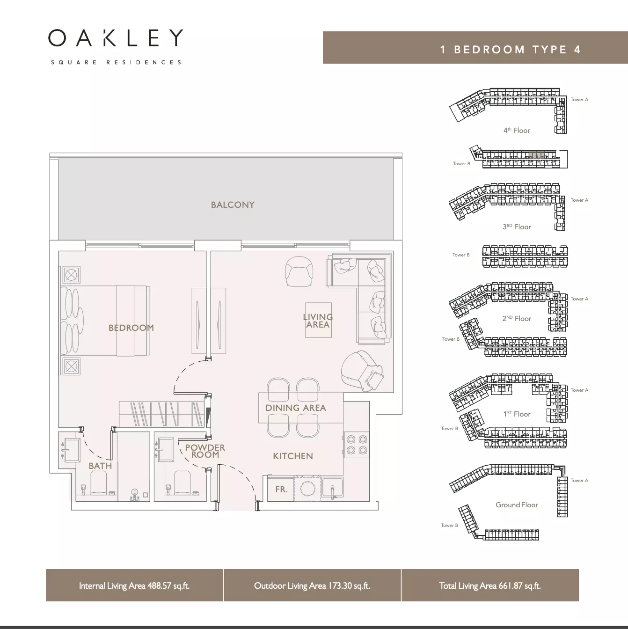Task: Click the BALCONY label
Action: point(233,205)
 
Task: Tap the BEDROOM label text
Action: point(131,328)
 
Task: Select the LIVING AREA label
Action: point(318,321)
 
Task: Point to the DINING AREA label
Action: point(296,408)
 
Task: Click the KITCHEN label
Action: point(293,456)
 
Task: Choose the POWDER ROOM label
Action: point(205,451)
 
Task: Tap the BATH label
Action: point(100,466)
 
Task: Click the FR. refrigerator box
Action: point(281,489)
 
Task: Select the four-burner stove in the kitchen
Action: point(357,445)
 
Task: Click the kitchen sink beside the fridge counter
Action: point(332,488)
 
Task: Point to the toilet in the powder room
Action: point(183,482)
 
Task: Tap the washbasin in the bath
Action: point(71,450)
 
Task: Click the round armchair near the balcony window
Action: point(299,271)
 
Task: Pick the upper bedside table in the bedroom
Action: point(71,275)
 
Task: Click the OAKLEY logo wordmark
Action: point(116,38)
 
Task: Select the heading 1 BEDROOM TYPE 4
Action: point(511,50)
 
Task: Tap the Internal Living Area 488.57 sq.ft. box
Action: point(134,585)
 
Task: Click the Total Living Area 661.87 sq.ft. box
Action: point(490,585)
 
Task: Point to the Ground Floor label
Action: point(517,505)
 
